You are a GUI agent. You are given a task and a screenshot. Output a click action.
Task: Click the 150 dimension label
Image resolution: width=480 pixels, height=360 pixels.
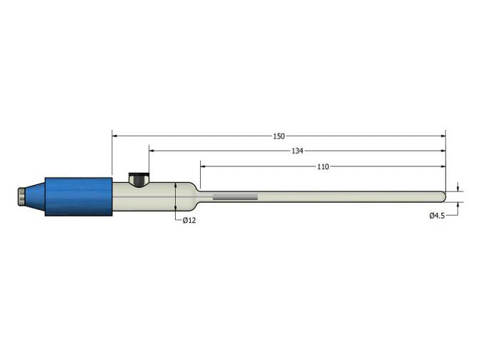[x=279, y=136]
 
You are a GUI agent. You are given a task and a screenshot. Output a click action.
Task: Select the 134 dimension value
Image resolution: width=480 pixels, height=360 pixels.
[x=297, y=151]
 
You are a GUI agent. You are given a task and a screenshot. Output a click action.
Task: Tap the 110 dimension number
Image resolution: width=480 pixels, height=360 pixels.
[x=322, y=166]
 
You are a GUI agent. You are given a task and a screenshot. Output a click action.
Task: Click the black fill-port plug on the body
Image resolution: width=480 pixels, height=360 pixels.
[x=137, y=177]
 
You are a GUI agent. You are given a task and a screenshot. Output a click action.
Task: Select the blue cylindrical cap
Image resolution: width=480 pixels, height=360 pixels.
[x=79, y=196]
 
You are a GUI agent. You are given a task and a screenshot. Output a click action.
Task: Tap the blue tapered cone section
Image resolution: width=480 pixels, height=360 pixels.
[x=37, y=196]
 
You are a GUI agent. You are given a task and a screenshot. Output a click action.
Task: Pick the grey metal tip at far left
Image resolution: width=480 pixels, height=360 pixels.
[x=23, y=196]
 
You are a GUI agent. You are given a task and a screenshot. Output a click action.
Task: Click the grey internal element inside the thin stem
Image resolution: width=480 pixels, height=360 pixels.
[x=235, y=196]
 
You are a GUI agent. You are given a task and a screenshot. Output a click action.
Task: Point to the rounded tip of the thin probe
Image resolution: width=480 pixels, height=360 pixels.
[x=443, y=196]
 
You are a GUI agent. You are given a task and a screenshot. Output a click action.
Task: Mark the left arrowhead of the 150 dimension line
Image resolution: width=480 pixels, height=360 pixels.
[x=115, y=136]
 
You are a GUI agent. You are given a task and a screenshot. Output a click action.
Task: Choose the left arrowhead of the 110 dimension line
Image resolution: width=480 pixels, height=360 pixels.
[x=204, y=166]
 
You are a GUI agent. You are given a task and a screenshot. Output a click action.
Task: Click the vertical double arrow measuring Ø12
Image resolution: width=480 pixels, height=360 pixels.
[x=176, y=196]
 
